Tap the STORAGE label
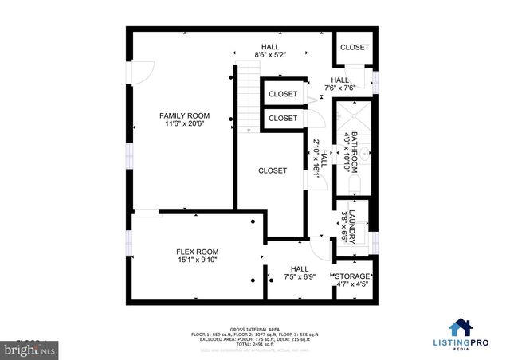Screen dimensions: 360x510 (x=352, y=276)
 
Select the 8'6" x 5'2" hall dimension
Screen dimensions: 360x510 (x=269, y=55)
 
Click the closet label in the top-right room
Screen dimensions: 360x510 (x=355, y=48)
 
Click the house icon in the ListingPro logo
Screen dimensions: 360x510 (x=459, y=327)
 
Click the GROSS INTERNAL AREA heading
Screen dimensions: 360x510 (x=254, y=328)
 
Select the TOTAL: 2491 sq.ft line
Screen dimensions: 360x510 (x=254, y=344)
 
